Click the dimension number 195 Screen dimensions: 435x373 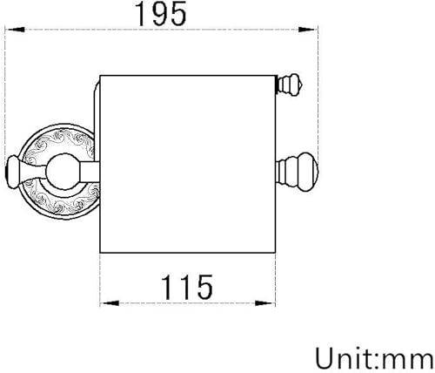(x=161, y=14)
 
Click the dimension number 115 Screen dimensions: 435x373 (x=187, y=288)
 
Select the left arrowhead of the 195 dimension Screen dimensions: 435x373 (x=16, y=30)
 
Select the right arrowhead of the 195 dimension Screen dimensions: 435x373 (x=307, y=30)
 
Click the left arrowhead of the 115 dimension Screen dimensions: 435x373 (x=110, y=303)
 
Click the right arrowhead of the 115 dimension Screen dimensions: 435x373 (x=264, y=303)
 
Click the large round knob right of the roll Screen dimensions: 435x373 (x=298, y=172)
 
